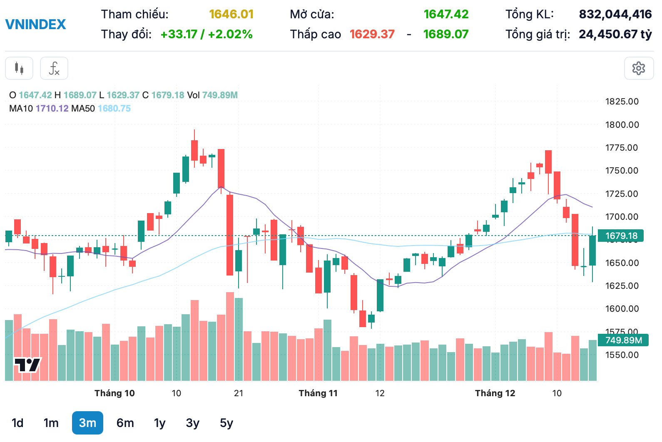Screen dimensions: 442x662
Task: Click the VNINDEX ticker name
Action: [35, 25]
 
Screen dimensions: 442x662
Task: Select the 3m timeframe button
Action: [87, 423]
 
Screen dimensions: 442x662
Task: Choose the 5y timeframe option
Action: [226, 423]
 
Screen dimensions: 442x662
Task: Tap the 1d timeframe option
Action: [17, 423]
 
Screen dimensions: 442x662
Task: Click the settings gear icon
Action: [639, 68]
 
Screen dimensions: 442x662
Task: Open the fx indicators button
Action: [54, 68]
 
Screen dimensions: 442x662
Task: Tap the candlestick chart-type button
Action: [19, 68]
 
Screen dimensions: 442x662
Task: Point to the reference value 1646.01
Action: [231, 15]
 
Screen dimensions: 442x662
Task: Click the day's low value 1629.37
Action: [372, 34]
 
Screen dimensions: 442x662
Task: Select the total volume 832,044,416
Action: [615, 15]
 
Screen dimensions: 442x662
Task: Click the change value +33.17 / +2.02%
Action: [207, 34]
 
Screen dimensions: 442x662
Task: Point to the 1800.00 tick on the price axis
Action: [622, 124]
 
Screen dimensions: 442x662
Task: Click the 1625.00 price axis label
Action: [622, 286]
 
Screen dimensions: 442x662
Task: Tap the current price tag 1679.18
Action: [621, 236]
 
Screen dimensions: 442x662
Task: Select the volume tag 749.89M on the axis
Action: [623, 340]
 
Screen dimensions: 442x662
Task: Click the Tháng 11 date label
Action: [318, 393]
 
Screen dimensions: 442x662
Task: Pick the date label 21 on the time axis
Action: [239, 393]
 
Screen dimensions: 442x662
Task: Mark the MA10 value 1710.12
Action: [52, 109]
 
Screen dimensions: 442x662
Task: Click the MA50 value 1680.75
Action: [114, 109]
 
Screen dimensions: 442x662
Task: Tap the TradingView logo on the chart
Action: [27, 365]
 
